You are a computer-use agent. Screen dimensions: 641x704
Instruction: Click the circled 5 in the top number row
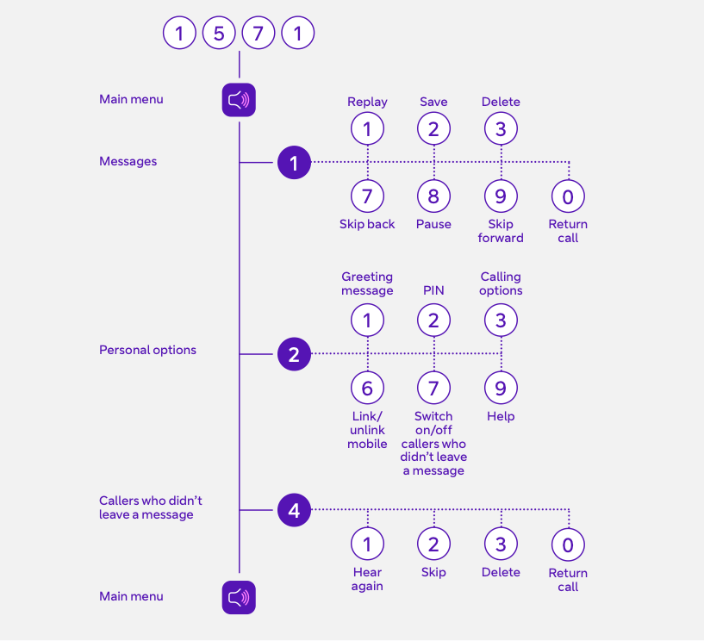(x=219, y=34)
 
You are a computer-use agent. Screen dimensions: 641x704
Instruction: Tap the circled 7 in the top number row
(x=259, y=34)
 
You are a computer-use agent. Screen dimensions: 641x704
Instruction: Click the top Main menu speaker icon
(x=239, y=100)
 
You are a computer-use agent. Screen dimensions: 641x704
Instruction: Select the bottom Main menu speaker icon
(x=239, y=597)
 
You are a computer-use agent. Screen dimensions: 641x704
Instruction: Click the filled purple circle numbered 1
(x=294, y=162)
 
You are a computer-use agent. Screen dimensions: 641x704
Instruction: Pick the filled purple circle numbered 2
(x=294, y=354)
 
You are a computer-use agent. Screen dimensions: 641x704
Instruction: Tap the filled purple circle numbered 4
(x=294, y=510)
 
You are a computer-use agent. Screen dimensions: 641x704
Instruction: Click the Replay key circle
(x=367, y=129)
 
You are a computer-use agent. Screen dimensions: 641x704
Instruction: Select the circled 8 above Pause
(x=433, y=196)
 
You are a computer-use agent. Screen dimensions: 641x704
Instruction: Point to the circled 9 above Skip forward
(x=501, y=196)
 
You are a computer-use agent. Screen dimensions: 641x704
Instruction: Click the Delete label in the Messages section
(x=501, y=102)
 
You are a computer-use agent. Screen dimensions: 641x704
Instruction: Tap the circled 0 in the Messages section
(x=568, y=196)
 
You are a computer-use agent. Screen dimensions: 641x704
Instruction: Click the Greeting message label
(x=367, y=283)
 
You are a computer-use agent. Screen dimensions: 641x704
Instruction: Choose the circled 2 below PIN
(x=433, y=320)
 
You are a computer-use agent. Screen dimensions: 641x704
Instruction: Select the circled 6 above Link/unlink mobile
(x=367, y=388)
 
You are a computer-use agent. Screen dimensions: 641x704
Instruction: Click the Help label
(x=501, y=416)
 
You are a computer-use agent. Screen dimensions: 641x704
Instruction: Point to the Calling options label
(x=501, y=283)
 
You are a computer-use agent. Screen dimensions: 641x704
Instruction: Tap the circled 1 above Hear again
(x=367, y=544)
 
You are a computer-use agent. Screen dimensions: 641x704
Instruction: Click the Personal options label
(x=147, y=350)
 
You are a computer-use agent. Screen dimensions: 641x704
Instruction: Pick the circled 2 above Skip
(x=433, y=544)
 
